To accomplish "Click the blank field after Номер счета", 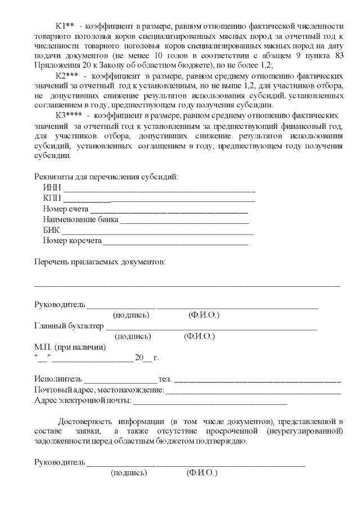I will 169,210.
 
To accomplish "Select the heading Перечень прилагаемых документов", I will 100,262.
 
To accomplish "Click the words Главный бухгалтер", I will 69,326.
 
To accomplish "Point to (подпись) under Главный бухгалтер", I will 133,336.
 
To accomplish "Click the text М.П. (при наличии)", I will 70,347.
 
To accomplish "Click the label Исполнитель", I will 58,380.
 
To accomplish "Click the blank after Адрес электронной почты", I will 210,402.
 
